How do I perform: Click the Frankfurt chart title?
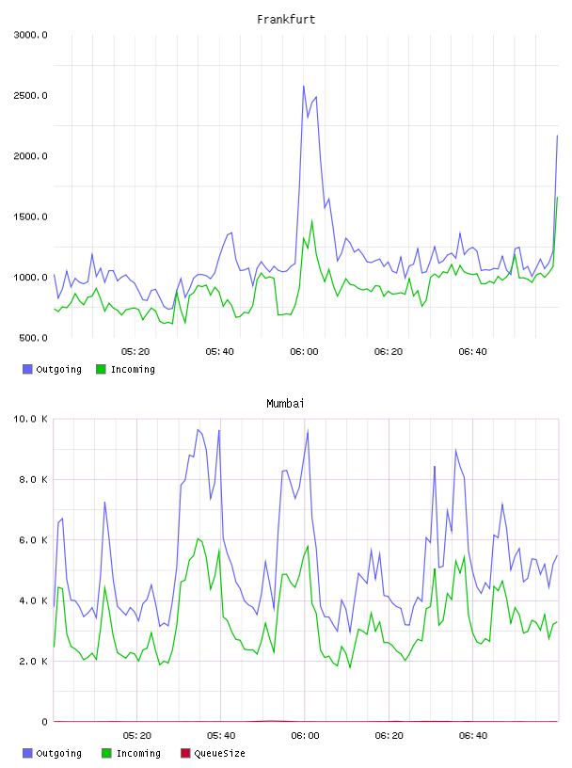point(286,20)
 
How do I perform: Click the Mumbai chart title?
point(285,404)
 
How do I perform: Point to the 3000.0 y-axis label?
point(30,35)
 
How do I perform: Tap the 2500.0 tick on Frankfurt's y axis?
point(30,95)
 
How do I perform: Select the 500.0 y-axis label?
point(33,338)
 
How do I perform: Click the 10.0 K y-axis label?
point(30,419)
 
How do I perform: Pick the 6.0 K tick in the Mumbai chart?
point(33,539)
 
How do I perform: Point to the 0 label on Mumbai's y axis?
point(44,722)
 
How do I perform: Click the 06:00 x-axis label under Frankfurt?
point(304,352)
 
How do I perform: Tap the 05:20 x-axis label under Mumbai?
point(136,736)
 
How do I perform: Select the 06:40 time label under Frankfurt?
point(472,352)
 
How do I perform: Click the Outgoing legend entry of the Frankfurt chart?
point(52,369)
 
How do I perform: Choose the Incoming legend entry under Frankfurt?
point(125,369)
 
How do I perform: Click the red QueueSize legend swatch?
point(185,753)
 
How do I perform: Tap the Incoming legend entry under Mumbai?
point(131,753)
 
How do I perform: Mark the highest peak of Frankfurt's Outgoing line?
point(304,87)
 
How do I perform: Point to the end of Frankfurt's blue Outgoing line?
point(557,136)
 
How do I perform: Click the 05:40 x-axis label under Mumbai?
point(221,736)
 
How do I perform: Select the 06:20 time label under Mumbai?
point(389,736)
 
